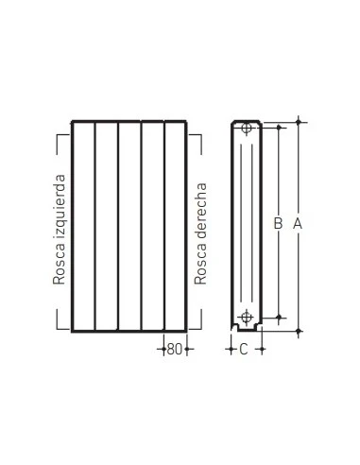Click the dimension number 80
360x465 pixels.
[174, 350]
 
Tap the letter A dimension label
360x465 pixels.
[298, 224]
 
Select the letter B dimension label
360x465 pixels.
[278, 224]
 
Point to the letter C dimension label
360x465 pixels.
[243, 350]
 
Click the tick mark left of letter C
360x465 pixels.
[231, 350]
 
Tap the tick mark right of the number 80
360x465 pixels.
[188, 350]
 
